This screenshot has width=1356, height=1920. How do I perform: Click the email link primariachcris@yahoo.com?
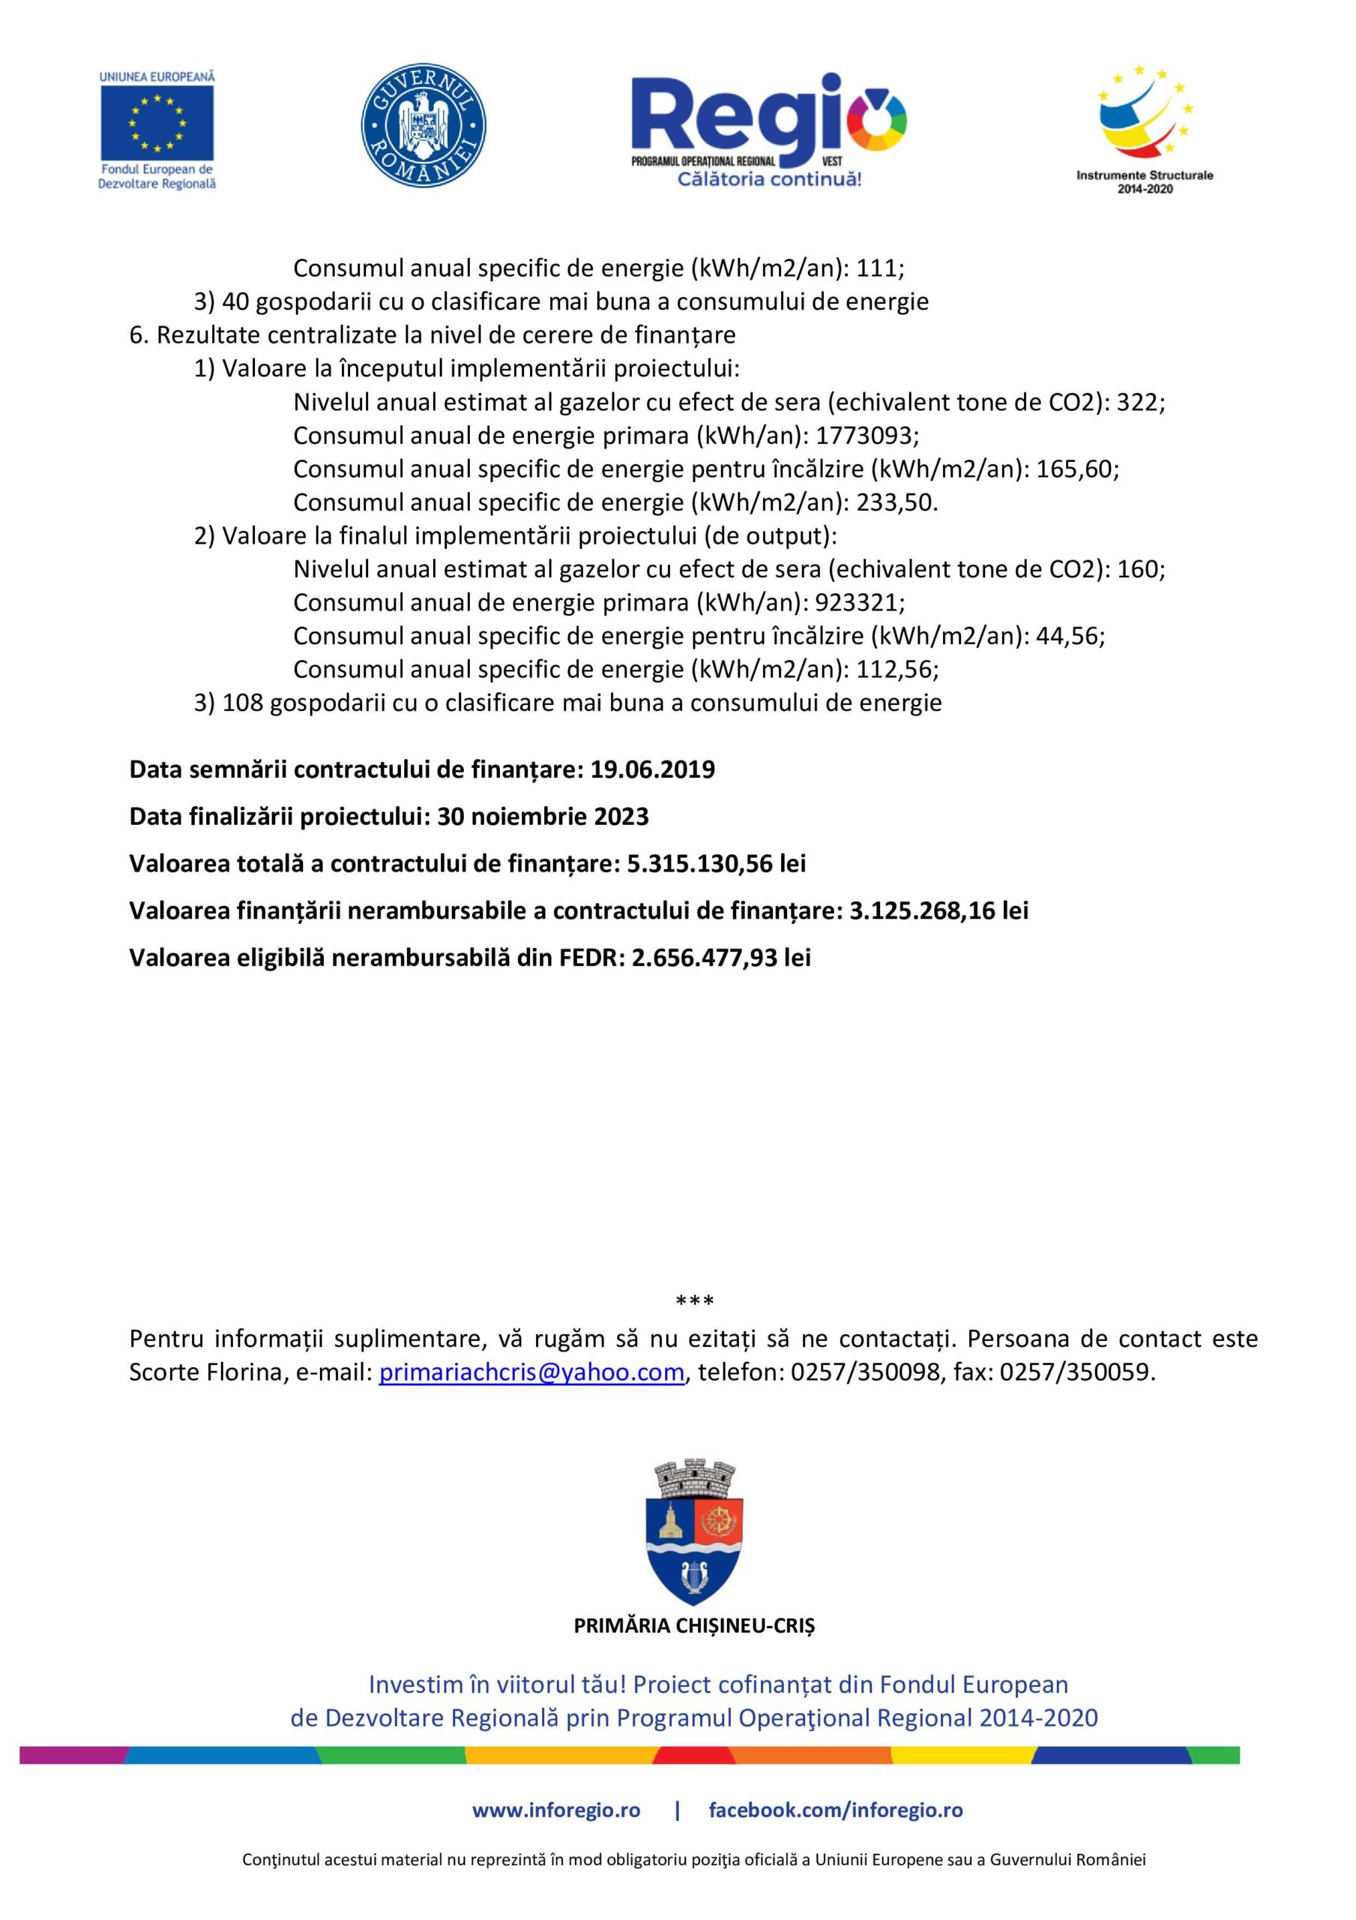tap(531, 1372)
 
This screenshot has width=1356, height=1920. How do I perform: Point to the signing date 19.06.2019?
tap(652, 769)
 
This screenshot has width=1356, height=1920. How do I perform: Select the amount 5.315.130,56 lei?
tap(717, 863)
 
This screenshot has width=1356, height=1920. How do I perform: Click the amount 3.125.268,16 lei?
tap(938, 910)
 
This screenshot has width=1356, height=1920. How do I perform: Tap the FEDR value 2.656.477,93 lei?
tap(720, 958)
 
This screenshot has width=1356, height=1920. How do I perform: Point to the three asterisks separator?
tap(694, 1301)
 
